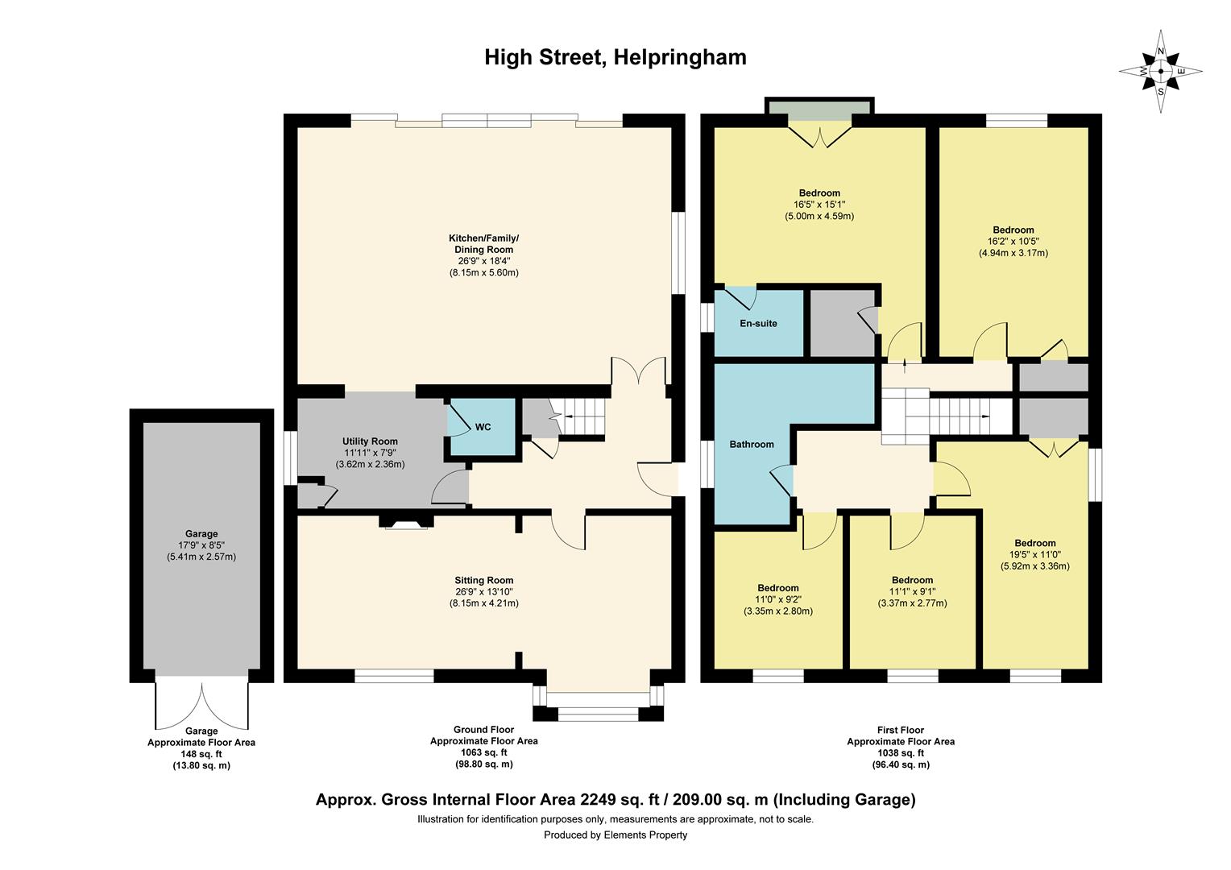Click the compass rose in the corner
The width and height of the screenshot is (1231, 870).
tap(1160, 71)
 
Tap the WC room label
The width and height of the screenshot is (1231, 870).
tap(483, 427)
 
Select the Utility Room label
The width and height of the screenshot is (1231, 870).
tap(370, 441)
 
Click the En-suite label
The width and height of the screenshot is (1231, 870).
tap(758, 324)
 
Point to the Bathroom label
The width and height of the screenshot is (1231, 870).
tap(751, 445)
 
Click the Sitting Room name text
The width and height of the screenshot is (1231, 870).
tap(483, 580)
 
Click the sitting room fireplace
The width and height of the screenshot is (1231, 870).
tap(404, 524)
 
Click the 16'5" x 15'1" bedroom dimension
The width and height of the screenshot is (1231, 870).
tap(819, 205)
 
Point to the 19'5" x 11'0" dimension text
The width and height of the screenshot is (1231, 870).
tap(1034, 554)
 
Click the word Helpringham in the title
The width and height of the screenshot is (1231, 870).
tap(679, 57)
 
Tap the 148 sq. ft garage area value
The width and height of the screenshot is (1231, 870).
tap(201, 754)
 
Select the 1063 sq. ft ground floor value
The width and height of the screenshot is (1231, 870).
tap(483, 752)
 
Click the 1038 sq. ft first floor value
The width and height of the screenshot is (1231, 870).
tap(900, 753)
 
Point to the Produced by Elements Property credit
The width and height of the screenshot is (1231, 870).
tap(615, 835)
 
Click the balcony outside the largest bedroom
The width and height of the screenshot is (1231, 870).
tap(819, 108)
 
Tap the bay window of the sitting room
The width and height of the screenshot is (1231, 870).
tap(598, 702)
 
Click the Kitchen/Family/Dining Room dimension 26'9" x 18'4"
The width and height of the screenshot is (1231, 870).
tap(483, 261)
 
